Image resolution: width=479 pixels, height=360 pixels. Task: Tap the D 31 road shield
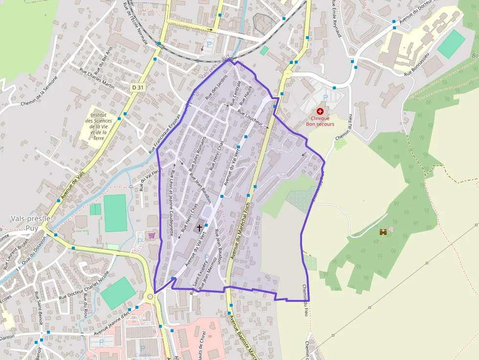(x=137, y=87)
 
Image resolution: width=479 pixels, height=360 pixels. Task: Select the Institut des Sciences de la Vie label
(x=98, y=124)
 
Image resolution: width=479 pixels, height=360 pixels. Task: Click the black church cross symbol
(x=199, y=227)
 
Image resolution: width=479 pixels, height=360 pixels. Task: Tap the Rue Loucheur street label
(x=250, y=118)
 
